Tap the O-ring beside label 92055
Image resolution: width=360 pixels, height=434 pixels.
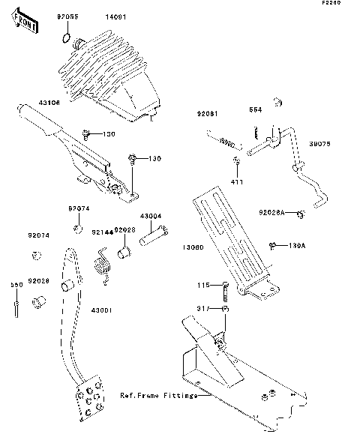click(x=67, y=39)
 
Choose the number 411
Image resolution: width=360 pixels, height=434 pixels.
click(x=235, y=182)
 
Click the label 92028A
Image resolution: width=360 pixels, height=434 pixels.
click(x=273, y=213)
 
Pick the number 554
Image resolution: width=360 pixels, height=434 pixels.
click(x=255, y=109)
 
